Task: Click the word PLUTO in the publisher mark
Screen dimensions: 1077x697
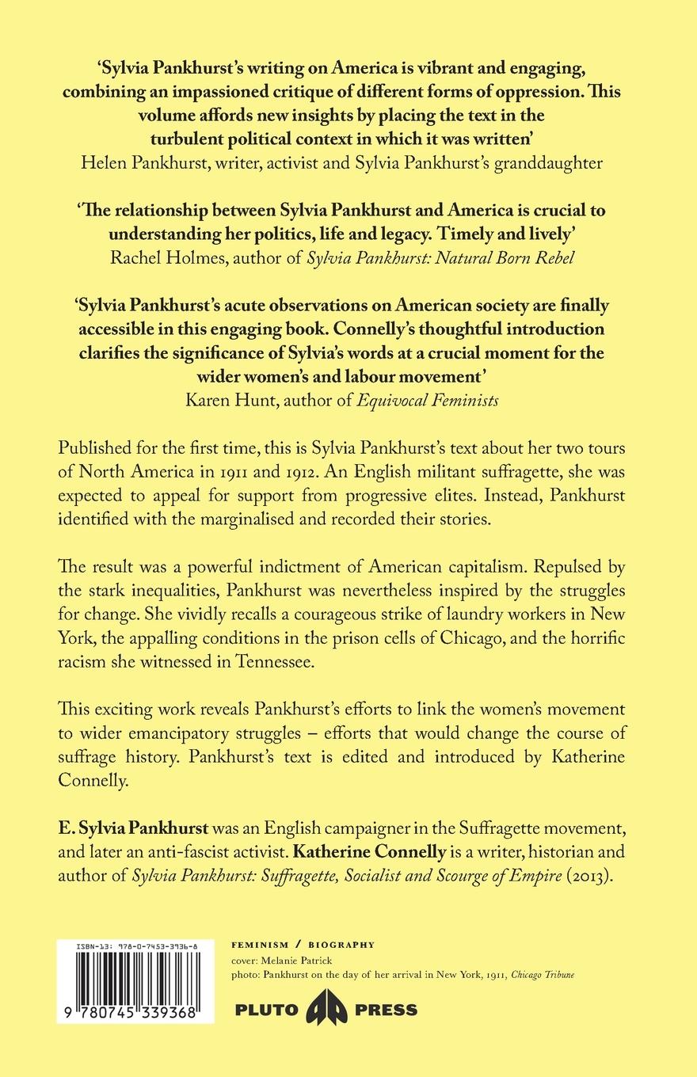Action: click(x=266, y=1010)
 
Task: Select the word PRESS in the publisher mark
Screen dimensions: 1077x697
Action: click(x=386, y=1010)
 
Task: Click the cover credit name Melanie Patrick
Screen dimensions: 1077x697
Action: click(x=300, y=960)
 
